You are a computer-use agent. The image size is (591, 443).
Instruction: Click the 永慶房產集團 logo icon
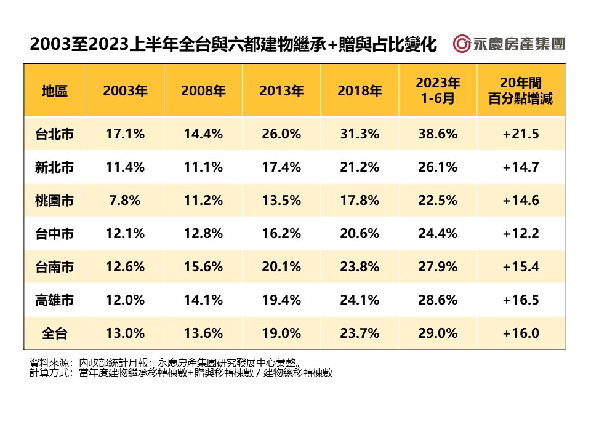click(x=462, y=44)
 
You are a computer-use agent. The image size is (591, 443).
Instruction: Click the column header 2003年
click(x=125, y=90)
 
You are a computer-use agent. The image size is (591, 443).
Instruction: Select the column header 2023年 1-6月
click(x=437, y=90)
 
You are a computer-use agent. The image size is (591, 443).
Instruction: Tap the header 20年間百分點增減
click(x=520, y=90)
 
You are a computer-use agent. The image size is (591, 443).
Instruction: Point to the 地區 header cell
click(x=55, y=90)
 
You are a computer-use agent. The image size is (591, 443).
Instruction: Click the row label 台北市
click(x=55, y=134)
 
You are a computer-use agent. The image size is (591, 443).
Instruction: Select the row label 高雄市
click(x=55, y=300)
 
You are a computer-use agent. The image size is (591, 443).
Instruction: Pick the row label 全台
click(x=55, y=333)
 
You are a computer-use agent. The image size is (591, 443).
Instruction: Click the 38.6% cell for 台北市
click(x=437, y=134)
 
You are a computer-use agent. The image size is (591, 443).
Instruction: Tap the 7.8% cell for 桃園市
click(x=125, y=200)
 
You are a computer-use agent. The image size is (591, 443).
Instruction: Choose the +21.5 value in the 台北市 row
click(x=520, y=134)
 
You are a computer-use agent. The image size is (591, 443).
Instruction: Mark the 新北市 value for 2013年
click(x=281, y=167)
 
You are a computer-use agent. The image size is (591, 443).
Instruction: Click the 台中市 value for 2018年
click(x=360, y=233)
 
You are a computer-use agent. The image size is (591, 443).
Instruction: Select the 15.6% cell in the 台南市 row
click(x=203, y=266)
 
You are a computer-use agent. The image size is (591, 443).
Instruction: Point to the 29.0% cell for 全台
click(x=437, y=333)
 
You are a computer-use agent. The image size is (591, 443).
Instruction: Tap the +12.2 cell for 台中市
click(x=520, y=233)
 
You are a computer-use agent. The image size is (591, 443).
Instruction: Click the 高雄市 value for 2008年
click(x=203, y=300)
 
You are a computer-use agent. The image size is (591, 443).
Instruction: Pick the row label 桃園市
click(x=55, y=200)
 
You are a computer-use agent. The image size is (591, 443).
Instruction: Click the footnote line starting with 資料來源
click(x=167, y=362)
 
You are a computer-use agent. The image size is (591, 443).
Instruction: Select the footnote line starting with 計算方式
click(x=181, y=372)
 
